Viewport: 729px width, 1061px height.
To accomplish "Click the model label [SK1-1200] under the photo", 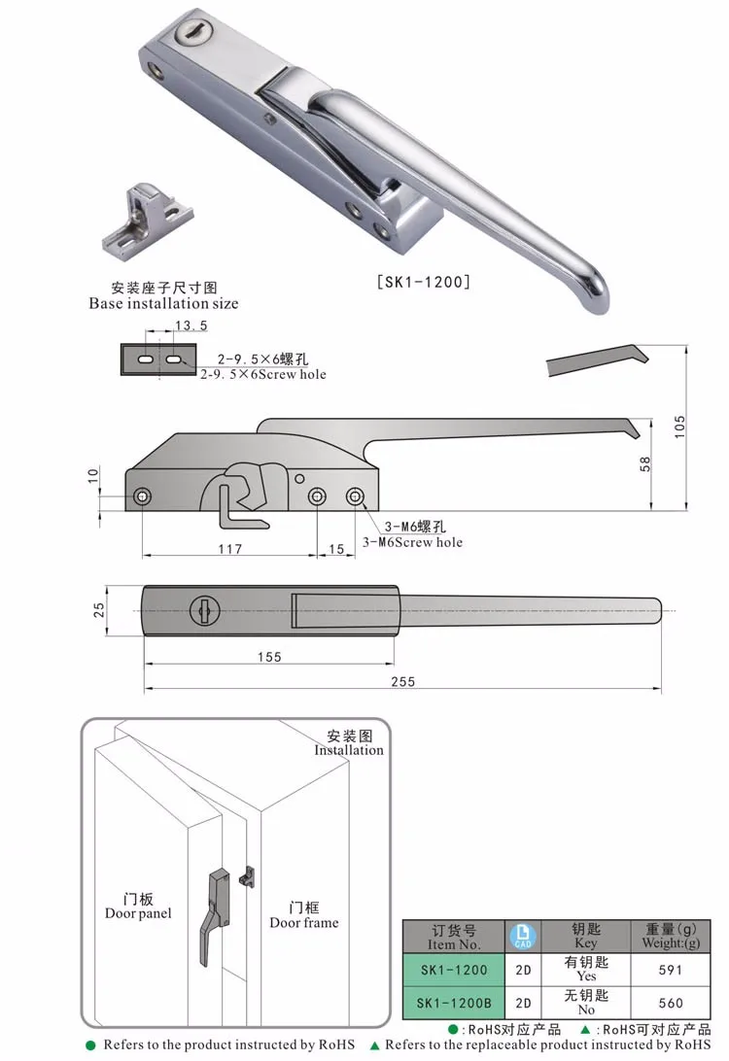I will (424, 282).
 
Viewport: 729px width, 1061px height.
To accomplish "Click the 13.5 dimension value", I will (191, 326).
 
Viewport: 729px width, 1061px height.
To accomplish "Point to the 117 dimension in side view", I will (229, 549).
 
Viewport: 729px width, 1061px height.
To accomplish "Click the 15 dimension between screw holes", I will (336, 549).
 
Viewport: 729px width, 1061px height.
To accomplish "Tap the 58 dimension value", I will (645, 464).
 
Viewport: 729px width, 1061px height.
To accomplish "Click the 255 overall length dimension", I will (402, 681).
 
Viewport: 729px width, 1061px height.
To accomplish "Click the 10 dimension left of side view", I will (93, 475).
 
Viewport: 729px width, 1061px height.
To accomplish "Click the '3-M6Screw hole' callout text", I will (412, 541).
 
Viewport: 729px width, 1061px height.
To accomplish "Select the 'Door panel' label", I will (138, 912).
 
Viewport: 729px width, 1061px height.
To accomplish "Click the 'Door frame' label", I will (304, 922).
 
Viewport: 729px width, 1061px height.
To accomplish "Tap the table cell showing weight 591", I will (671, 970).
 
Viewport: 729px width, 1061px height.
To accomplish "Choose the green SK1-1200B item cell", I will (454, 1003).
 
